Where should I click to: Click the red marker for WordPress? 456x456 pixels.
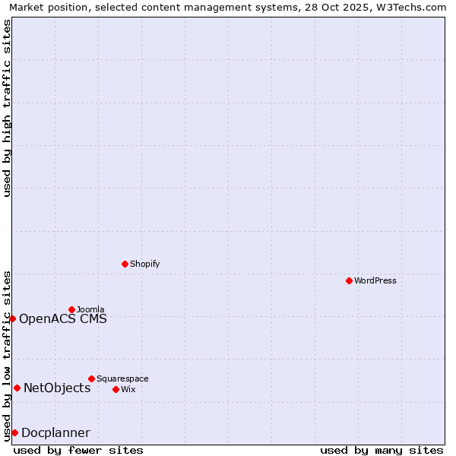pos(349,280)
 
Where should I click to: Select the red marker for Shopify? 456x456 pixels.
pos(125,264)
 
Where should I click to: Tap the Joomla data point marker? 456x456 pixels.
pos(71,309)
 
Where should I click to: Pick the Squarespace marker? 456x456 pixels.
pos(91,378)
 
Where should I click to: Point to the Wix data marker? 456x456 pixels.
pos(116,389)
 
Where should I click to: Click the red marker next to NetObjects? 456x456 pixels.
pos(17,388)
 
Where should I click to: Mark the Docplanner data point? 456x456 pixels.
pos(14,432)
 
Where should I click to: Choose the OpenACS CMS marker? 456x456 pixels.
pos(12,318)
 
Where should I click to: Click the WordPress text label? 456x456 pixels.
pos(375,280)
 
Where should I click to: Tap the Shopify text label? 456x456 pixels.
pos(144,264)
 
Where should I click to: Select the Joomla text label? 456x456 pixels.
pos(90,309)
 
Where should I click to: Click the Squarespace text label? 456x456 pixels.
pos(122,378)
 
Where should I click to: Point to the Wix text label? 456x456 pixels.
pos(128,389)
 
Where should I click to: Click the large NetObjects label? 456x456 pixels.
pos(57,388)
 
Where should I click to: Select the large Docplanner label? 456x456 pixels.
pos(55,432)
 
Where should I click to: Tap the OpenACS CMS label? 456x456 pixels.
pos(63,318)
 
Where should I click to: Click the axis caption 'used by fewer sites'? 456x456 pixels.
pos(78,450)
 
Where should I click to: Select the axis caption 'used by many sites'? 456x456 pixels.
pos(382,450)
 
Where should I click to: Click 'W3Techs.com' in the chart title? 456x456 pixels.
pos(411,7)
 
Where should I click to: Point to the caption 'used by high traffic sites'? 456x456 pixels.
pos(7,108)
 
